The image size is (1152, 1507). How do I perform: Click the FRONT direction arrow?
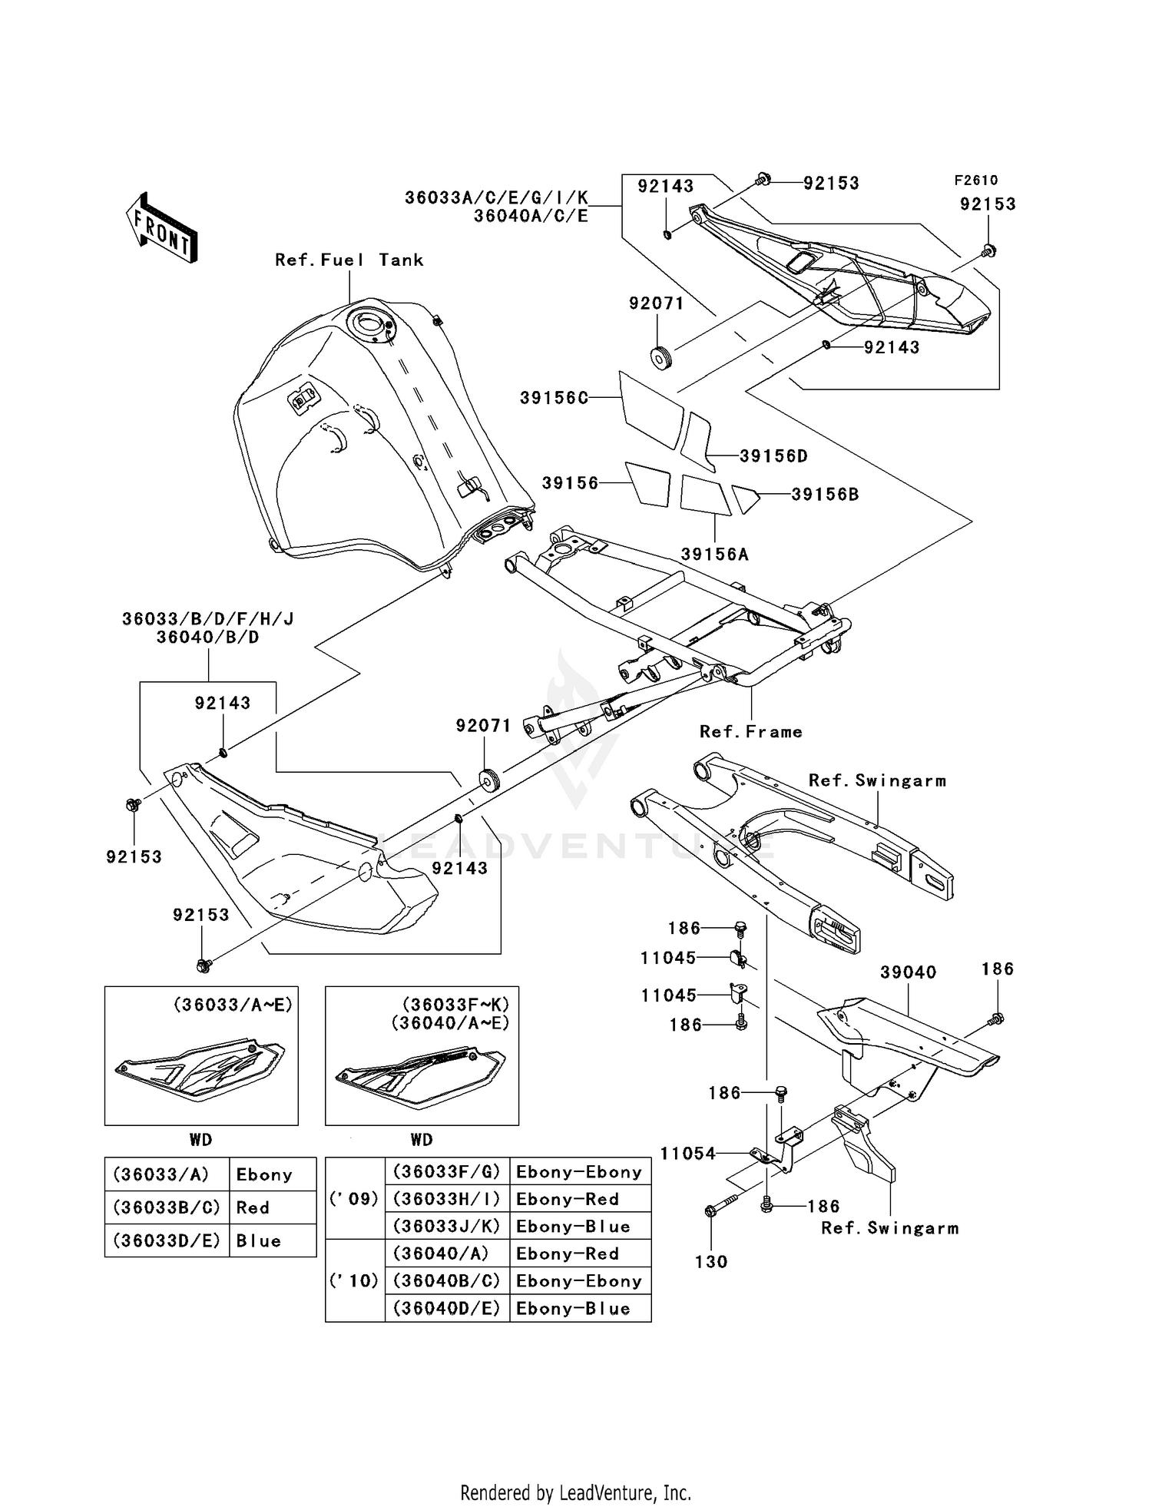(162, 227)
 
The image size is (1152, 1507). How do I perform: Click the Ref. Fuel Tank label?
(349, 260)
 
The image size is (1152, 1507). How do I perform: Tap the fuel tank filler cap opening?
(372, 323)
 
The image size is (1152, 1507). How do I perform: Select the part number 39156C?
(554, 398)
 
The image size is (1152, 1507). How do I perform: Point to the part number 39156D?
(773, 456)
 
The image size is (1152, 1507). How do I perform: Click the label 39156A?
(714, 554)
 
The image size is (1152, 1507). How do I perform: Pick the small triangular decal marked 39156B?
(744, 498)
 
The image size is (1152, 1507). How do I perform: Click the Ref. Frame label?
(750, 732)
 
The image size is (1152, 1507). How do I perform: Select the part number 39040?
(908, 972)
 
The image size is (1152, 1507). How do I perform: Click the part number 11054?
(687, 1154)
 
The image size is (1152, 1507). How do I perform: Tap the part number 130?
(710, 1261)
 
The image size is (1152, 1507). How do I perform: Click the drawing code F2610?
(975, 181)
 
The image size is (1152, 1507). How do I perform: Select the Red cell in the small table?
(253, 1207)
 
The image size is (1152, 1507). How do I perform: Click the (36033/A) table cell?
(161, 1174)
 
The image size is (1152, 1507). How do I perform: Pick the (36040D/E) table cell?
(446, 1308)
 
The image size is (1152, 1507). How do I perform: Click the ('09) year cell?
(354, 1199)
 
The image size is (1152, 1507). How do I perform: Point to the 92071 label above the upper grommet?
(656, 303)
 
